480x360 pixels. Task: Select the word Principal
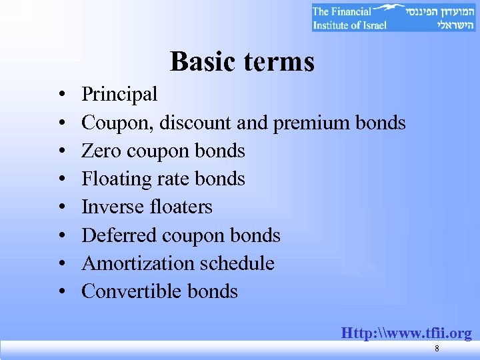[x=119, y=95]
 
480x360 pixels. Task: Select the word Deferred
[x=118, y=235]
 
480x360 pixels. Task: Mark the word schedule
[x=236, y=263]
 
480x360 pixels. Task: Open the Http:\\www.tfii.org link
[x=406, y=333]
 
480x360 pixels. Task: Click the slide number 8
[x=436, y=349]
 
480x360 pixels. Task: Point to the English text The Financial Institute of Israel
[x=349, y=18]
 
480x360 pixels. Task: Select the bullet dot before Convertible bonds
[x=61, y=292]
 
